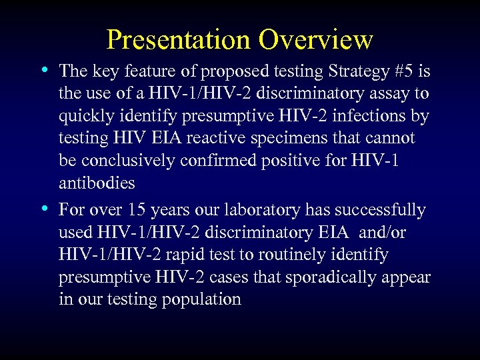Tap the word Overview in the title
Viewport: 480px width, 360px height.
click(316, 40)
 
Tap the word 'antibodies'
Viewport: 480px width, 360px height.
click(97, 183)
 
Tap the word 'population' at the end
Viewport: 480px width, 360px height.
click(201, 299)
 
